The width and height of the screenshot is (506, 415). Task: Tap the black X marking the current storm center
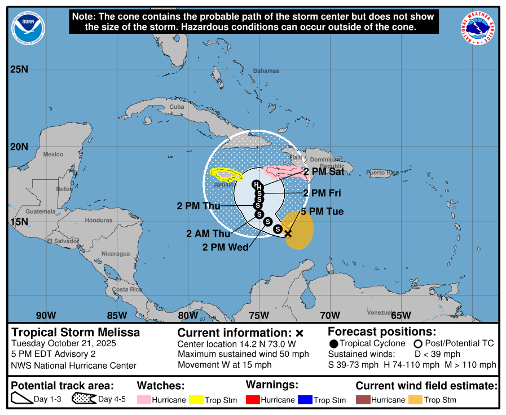coord(288,233)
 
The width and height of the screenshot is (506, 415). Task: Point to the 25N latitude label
coord(19,69)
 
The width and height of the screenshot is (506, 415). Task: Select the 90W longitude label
coord(46,315)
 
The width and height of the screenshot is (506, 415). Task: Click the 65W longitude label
coord(401,315)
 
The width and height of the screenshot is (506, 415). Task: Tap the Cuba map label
coord(177,107)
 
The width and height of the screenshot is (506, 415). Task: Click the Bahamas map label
coord(266,71)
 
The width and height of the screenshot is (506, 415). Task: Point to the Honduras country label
coord(98,220)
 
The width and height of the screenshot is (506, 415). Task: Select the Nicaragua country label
coord(116,254)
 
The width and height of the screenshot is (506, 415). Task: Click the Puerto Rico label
coord(382,172)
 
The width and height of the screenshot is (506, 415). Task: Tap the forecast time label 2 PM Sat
coord(324,171)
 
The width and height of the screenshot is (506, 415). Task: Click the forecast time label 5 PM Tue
coord(322,211)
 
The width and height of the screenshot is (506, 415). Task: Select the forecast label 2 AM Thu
coord(208,233)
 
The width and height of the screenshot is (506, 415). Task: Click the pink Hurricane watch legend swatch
coord(144,400)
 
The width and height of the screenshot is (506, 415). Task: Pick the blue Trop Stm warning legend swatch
coord(305,400)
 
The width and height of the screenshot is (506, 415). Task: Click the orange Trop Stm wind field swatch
coord(415,400)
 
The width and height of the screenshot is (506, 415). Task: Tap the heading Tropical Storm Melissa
coord(76,332)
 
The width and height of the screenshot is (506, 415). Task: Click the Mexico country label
coord(53,154)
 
